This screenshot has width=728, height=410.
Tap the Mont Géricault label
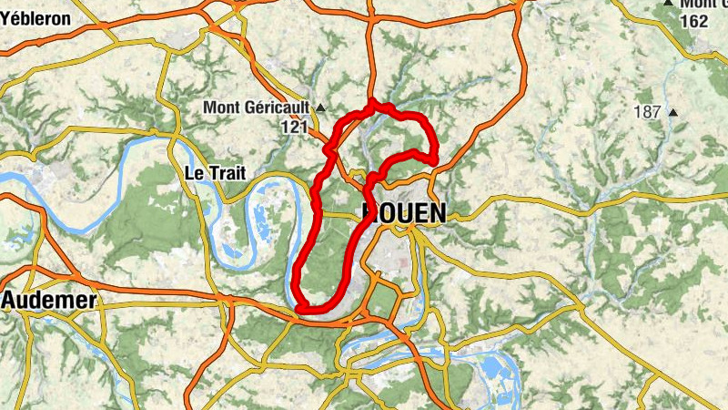coord(257,108)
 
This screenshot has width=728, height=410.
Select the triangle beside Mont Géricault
coord(320,108)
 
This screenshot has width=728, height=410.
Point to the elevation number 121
coord(294,128)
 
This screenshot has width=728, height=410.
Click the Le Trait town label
coord(215,173)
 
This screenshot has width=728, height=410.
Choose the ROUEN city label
coord(405,213)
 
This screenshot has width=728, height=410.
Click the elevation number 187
coord(648,112)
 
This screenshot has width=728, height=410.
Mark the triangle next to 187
coord(673,113)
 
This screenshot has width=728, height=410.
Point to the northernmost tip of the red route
coord(371,104)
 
